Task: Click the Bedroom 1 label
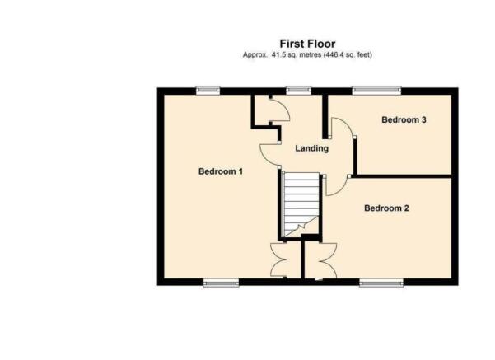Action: pos(221,171)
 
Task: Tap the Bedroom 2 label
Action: pos(386,208)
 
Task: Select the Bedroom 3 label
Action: pos(404,119)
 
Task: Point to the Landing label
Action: pos(311,148)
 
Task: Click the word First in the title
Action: pos(292,44)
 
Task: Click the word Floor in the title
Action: pos(321,44)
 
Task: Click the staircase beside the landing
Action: pos(301,204)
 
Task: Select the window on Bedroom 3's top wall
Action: pos(376,91)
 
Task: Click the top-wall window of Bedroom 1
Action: pos(208,91)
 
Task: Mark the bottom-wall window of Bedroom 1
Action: pos(221,283)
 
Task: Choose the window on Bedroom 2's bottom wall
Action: pos(381,283)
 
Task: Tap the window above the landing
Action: pos(299,91)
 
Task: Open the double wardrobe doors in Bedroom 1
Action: pos(278,260)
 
